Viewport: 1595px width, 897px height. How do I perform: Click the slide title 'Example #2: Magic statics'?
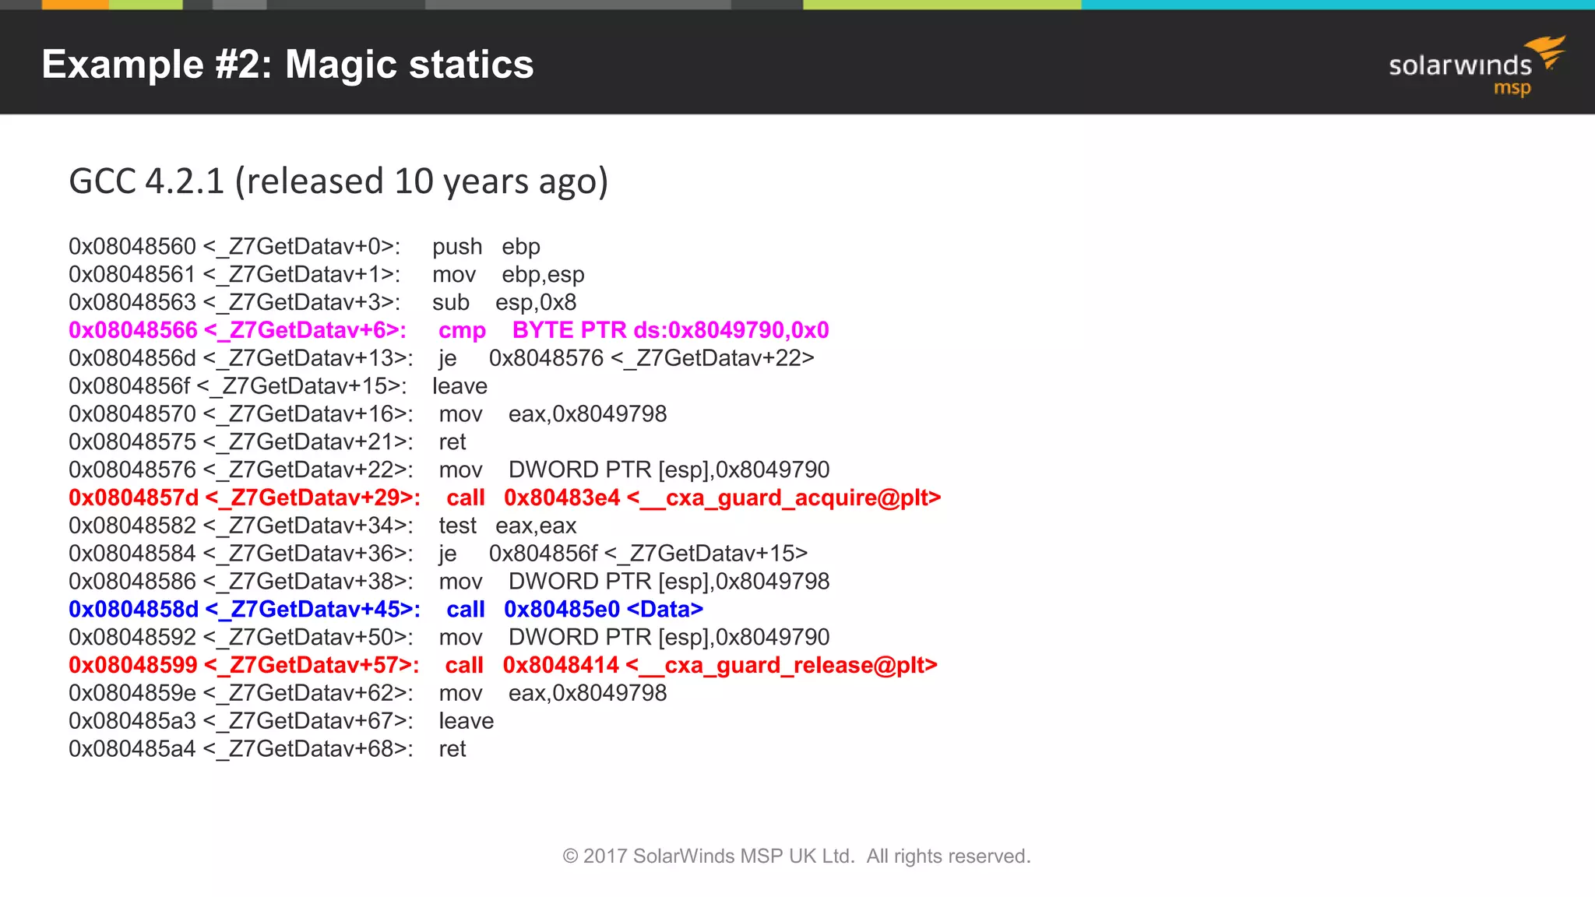287,65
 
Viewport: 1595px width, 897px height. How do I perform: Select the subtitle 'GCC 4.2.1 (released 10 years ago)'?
338,181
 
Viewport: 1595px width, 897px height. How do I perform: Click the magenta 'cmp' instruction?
462,330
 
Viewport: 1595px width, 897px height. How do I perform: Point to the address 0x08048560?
132,247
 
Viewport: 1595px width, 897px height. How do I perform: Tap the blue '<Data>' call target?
664,610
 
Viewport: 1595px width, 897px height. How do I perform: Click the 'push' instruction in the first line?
457,247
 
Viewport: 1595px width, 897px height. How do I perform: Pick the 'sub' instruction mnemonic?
451,303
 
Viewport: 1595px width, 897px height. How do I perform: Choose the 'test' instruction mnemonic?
457,526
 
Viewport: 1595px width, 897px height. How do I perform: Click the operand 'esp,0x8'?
536,303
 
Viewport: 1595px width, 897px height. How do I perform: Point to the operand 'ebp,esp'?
543,275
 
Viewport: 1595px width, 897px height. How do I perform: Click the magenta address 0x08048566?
133,330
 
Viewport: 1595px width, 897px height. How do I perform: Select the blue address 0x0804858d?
133,610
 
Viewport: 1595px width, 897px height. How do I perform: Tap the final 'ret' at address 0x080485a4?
452,749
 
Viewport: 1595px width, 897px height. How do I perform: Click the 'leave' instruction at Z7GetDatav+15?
459,386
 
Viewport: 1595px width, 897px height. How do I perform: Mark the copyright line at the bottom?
797,857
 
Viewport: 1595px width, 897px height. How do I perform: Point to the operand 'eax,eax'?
536,526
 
